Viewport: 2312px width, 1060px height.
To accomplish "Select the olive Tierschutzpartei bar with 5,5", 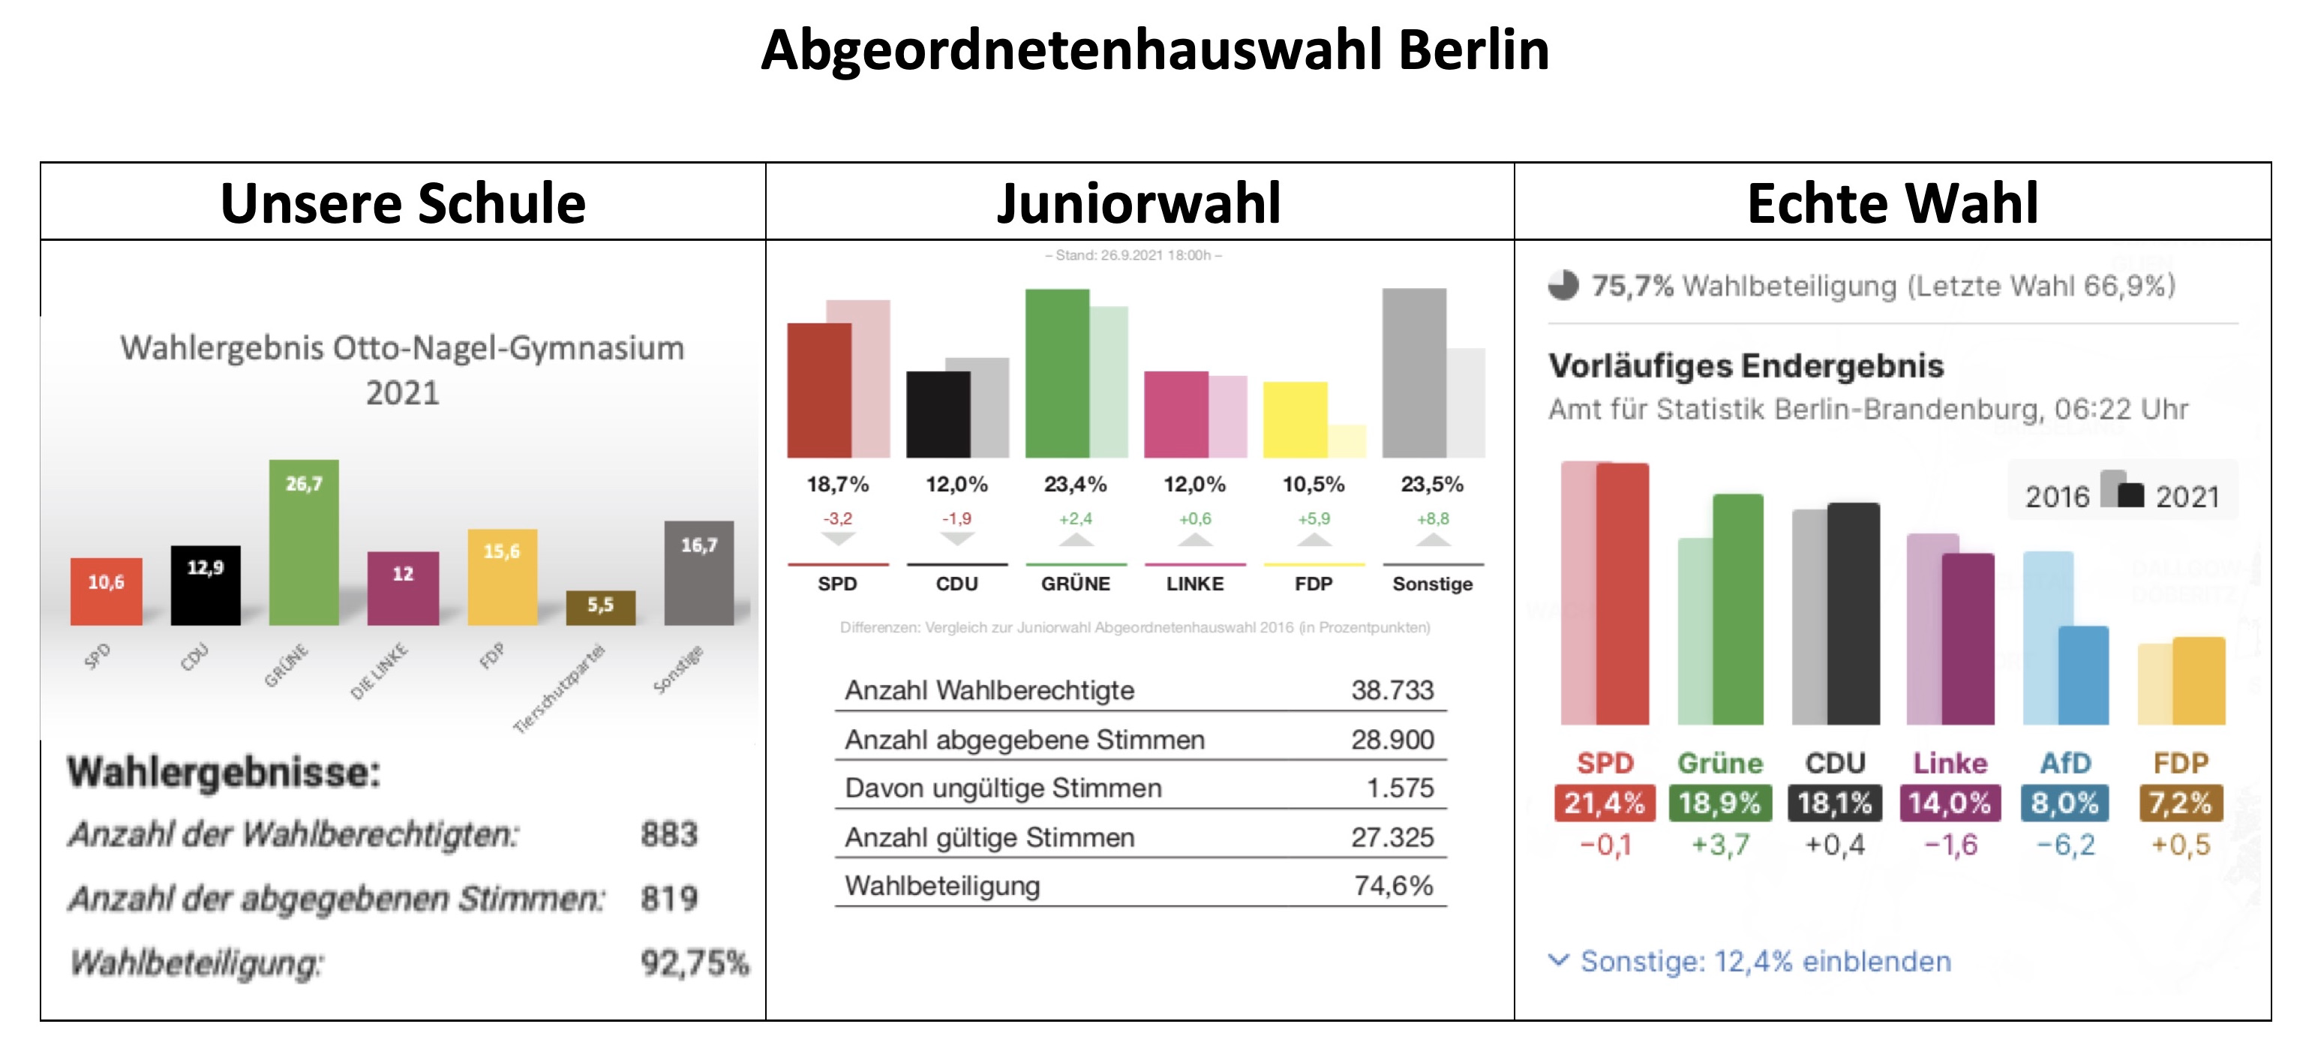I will coord(600,608).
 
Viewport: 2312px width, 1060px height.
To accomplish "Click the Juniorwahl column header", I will coord(1139,203).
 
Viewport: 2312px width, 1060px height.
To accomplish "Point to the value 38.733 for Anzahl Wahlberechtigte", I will coord(1392,690).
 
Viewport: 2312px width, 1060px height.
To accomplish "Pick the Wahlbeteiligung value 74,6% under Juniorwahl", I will coord(1393,886).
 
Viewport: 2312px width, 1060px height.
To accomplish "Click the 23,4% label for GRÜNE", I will coord(1074,485).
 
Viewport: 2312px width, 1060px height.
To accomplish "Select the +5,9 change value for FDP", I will coord(1313,519).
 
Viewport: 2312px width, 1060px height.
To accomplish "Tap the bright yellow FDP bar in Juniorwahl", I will coord(1294,420).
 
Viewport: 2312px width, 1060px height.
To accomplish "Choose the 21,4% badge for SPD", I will coord(1604,803).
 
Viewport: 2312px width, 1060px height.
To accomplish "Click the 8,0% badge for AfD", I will coord(2064,803).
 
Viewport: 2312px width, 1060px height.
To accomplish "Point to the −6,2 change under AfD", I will coord(2065,845).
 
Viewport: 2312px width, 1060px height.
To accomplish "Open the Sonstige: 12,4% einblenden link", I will coord(1764,961).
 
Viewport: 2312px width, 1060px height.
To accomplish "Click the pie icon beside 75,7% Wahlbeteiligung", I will coord(1563,285).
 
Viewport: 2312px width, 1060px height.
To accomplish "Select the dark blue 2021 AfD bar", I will coord(2082,675).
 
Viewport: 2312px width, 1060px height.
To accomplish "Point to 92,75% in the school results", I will coord(694,963).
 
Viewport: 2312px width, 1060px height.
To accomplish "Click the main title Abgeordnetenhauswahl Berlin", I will coord(1154,50).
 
